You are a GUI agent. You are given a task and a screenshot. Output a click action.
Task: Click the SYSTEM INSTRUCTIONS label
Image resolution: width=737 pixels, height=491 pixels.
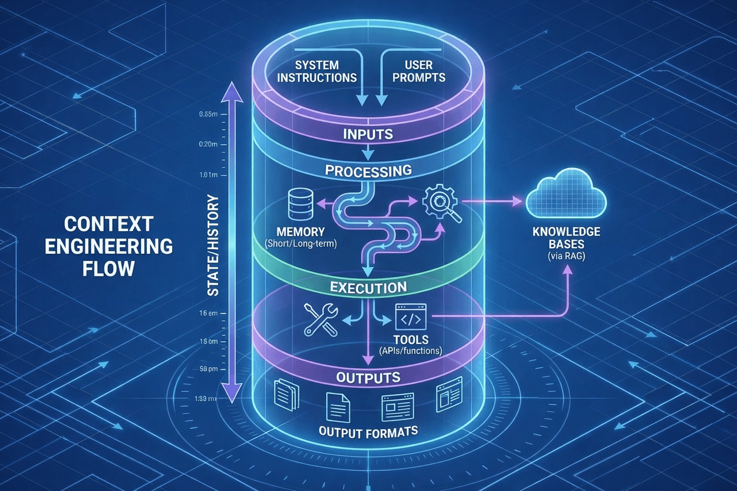coord(317,71)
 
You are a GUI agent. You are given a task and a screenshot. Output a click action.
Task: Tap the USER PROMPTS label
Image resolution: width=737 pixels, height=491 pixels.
coord(418,71)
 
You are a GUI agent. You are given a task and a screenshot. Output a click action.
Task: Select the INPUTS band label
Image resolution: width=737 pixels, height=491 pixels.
coord(368,134)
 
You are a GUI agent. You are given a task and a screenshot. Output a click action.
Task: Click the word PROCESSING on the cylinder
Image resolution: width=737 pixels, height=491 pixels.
coord(368,171)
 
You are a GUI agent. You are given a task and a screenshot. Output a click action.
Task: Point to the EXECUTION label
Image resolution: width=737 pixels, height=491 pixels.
coord(368,288)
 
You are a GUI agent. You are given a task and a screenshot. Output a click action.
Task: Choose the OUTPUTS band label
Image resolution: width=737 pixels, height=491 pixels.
coord(368,377)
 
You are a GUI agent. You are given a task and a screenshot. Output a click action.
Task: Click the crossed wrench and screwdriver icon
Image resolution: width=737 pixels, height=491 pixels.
coord(321,319)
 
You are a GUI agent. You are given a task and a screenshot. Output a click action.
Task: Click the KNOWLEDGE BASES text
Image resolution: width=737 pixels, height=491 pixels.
coord(566,238)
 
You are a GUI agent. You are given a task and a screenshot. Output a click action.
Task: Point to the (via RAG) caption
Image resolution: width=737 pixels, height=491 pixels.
coord(566,257)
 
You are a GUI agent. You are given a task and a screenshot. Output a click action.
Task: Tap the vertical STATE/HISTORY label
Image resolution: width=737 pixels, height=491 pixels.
coord(212,245)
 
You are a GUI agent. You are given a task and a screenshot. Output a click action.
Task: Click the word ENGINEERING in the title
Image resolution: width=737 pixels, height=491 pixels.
coord(108,246)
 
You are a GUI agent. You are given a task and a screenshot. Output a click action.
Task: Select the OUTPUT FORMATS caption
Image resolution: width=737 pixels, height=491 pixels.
coord(368,432)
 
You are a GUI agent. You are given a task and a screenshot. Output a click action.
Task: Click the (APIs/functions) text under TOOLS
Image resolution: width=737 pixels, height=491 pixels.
coord(410,351)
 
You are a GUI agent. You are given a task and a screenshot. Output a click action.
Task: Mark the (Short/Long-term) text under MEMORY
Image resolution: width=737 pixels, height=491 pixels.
coord(301,244)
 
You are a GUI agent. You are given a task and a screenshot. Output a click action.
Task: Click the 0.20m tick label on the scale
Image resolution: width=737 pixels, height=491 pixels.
coord(208,144)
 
